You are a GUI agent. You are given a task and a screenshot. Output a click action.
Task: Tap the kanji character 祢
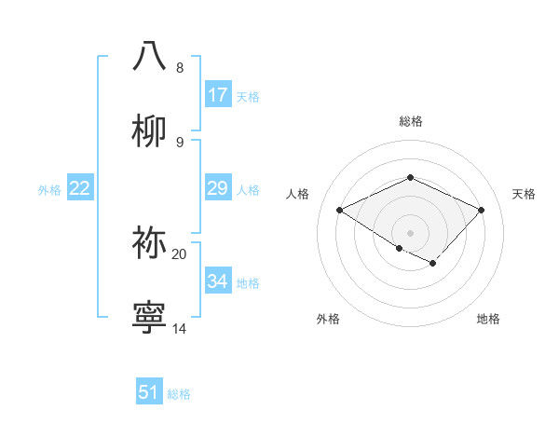[150, 243]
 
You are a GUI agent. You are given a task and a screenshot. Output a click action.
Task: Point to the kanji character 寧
[150, 318]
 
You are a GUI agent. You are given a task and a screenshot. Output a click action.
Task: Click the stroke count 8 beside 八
[179, 68]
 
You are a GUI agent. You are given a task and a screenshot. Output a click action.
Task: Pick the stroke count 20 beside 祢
[179, 253]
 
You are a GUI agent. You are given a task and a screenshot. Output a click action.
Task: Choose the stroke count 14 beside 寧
[179, 328]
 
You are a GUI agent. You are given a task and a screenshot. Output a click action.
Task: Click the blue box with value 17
[217, 95]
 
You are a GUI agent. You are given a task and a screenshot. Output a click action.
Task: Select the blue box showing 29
[217, 188]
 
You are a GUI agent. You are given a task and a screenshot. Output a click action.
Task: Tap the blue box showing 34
[217, 281]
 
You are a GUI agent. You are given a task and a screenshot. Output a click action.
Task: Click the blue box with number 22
[79, 188]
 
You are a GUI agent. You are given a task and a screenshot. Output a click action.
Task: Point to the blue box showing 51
[149, 392]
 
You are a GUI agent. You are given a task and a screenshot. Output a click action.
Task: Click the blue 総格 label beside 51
[179, 394]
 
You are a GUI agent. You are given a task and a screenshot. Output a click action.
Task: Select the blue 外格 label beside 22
[49, 190]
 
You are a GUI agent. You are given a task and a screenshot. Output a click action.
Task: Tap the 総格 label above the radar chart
[410, 121]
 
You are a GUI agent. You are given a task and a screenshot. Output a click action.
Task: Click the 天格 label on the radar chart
[524, 194]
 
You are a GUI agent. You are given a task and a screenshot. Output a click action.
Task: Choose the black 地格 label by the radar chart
[488, 319]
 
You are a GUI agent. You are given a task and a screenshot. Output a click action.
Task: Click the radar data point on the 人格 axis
[339, 211]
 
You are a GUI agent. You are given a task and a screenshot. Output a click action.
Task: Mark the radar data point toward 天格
[481, 211]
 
